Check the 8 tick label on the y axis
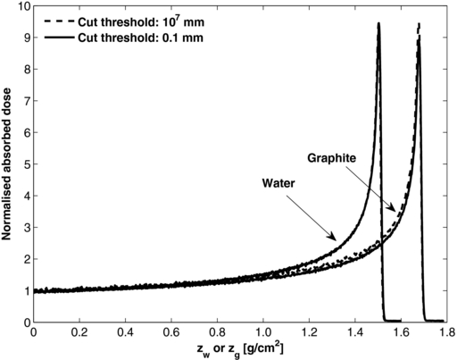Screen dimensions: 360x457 click(x=25, y=70)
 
